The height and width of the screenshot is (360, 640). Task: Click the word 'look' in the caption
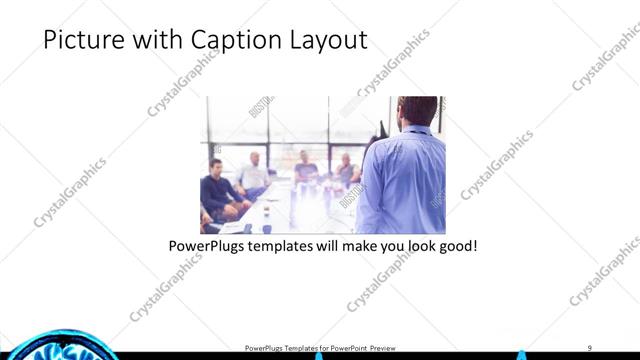413,245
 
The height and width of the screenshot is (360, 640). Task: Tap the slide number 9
589,348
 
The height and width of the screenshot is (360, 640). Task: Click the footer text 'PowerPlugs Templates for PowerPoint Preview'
319,348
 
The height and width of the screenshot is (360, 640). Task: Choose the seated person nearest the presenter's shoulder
346,169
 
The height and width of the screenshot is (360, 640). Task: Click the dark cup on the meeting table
248,228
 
